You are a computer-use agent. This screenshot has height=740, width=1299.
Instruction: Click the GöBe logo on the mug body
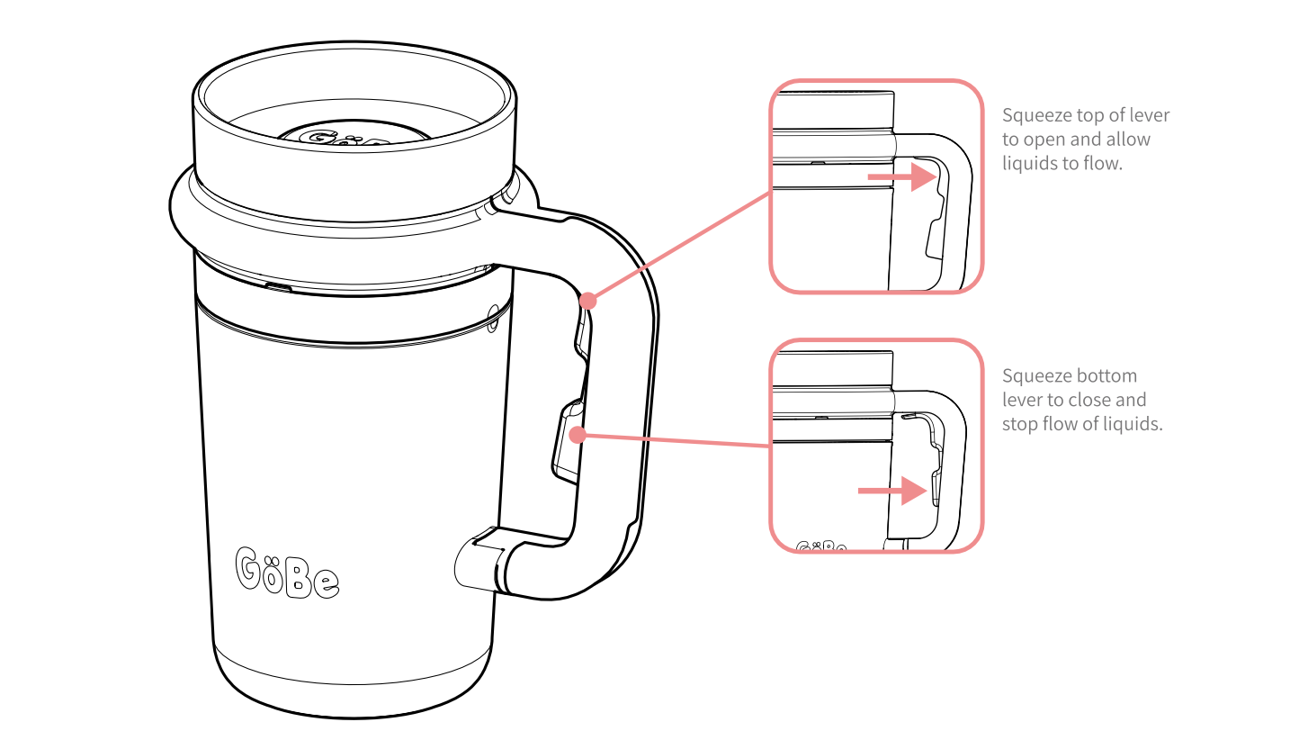287,573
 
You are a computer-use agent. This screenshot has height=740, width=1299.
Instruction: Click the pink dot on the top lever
588,301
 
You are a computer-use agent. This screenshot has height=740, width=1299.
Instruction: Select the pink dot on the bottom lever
578,435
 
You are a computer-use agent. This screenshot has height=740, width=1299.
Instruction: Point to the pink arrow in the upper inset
901,176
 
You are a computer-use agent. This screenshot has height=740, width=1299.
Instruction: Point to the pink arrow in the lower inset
891,491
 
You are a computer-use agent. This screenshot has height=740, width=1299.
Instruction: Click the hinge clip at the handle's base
480,560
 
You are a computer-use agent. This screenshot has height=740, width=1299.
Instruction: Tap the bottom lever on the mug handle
568,441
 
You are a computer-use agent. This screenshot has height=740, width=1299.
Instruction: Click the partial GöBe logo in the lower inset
821,546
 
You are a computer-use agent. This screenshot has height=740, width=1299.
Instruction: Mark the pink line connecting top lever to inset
679,247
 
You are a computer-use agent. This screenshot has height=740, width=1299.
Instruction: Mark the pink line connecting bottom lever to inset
674,440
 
